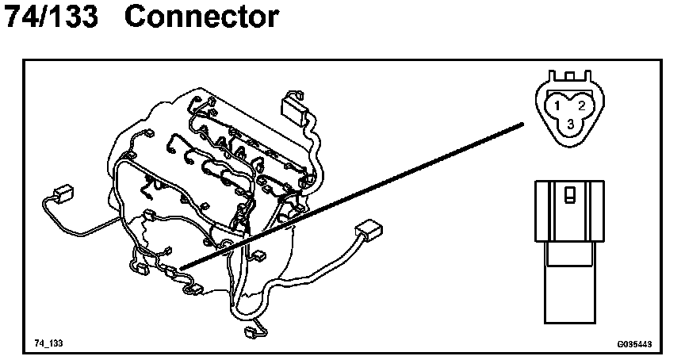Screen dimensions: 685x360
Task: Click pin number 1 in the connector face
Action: [x=558, y=105]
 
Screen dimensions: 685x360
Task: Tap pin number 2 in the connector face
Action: [x=581, y=105]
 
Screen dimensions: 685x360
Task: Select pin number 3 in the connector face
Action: [x=570, y=124]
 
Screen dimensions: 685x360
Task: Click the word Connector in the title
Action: [x=201, y=17]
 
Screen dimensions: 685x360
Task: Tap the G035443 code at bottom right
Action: [x=633, y=344]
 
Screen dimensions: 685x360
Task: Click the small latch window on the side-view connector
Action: [x=570, y=195]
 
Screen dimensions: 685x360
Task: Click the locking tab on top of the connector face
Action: [x=569, y=77]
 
